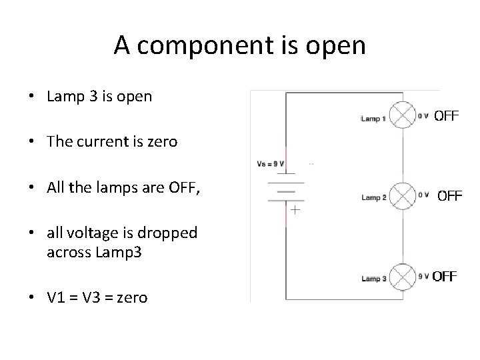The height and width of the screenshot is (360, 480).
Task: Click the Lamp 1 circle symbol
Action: [402, 115]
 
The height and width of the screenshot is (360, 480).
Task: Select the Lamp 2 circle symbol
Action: [402, 195]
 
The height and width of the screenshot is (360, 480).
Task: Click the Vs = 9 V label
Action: [271, 163]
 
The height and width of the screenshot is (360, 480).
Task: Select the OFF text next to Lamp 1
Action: [446, 116]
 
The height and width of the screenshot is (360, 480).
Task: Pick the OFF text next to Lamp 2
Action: [449, 196]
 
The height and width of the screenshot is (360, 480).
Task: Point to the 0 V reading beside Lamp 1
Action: [423, 115]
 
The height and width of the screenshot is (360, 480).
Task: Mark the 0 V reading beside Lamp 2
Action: [423, 195]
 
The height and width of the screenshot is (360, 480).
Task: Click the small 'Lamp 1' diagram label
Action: [373, 119]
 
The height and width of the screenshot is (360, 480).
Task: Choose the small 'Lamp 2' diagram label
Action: [373, 198]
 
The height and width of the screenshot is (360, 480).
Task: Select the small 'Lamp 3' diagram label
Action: [373, 279]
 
